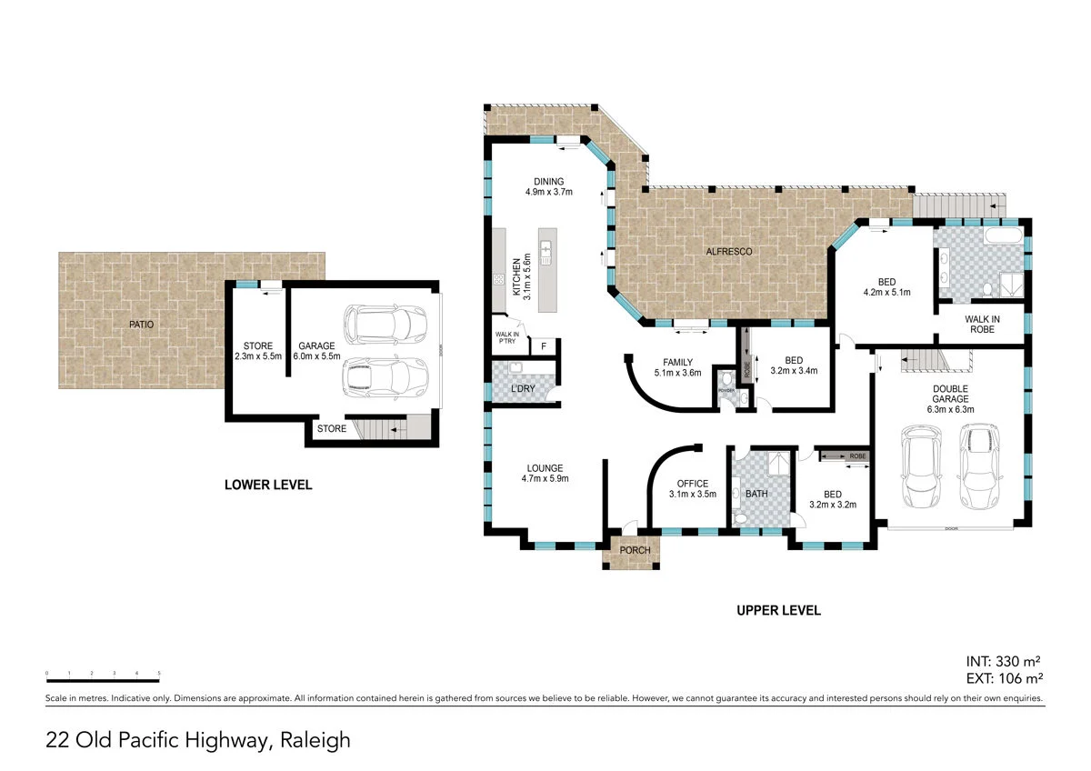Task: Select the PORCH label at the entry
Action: pyautogui.click(x=634, y=551)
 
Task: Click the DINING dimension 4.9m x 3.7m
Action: pyautogui.click(x=549, y=192)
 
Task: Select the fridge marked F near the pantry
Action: pyautogui.click(x=544, y=345)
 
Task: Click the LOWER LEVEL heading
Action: pyautogui.click(x=268, y=486)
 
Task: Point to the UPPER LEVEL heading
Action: pyautogui.click(x=778, y=611)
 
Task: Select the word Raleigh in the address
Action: pyautogui.click(x=315, y=741)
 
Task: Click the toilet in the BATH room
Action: pyautogui.click(x=741, y=516)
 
